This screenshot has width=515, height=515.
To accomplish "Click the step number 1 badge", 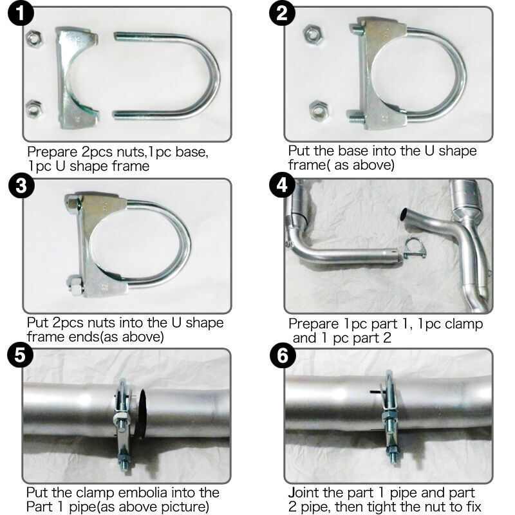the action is (x=21, y=14).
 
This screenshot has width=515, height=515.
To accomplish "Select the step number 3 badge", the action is (x=21, y=185).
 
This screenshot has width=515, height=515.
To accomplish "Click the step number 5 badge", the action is (x=21, y=355).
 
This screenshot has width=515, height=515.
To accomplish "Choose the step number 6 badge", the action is (x=283, y=356).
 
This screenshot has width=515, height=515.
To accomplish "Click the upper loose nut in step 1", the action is (x=34, y=39).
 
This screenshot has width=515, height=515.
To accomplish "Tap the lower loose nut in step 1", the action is (x=34, y=109).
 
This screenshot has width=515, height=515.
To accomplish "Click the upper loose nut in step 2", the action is (x=313, y=33).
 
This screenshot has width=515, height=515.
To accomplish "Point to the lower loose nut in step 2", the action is (x=319, y=109).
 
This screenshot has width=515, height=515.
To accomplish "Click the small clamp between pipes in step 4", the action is (x=415, y=248).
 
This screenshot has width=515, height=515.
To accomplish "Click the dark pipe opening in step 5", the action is (x=142, y=414).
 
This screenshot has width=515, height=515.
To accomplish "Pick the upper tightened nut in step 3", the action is (x=73, y=203).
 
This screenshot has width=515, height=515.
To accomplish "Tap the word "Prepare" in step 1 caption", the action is (x=52, y=153).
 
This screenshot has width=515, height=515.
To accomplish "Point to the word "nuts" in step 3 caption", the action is (x=101, y=323).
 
